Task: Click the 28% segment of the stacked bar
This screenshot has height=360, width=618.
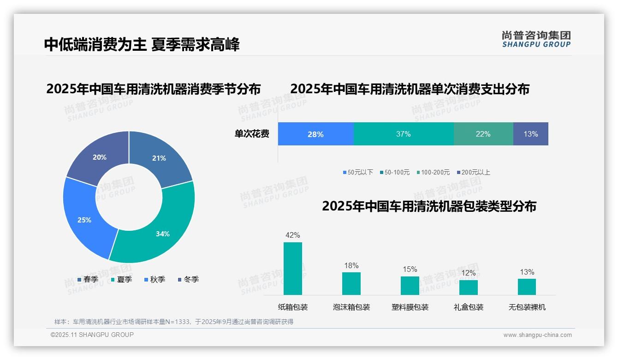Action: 315,134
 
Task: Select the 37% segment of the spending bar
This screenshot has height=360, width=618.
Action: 403,134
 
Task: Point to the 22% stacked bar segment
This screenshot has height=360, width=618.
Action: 483,134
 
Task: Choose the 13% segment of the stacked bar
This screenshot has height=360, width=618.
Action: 530,134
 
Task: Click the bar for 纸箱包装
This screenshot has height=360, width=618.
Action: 292,269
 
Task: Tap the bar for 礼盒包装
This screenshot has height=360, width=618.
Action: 468,287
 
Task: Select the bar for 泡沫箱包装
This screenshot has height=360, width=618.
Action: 351,283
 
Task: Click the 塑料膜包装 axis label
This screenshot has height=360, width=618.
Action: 410,307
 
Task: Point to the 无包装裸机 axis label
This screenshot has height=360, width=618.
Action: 527,307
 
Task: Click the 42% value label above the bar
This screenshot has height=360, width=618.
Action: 292,235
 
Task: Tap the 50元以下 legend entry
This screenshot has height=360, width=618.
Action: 358,172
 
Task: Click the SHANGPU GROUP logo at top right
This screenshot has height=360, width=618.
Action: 536,39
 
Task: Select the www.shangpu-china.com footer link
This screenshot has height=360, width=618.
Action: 537,335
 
